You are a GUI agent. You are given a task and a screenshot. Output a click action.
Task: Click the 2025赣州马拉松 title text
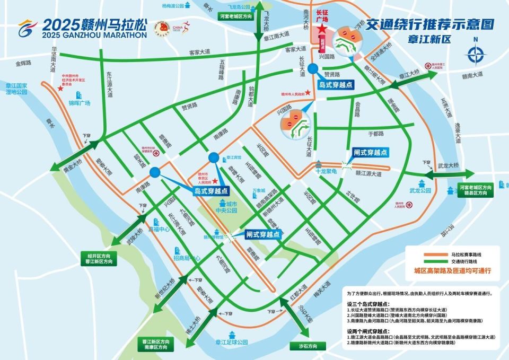(94, 24)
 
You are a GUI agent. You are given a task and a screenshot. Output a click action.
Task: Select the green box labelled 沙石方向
(304, 346)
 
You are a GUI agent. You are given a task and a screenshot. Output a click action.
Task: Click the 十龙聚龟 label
(327, 172)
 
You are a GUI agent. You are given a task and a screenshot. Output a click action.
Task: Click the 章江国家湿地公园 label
(16, 88)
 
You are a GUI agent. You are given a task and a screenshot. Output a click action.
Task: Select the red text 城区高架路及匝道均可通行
(450, 270)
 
